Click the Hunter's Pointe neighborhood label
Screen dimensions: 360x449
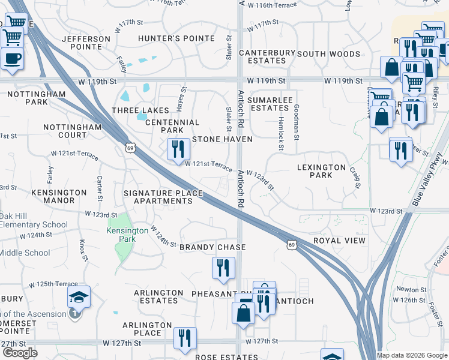pyautogui.click(x=176, y=38)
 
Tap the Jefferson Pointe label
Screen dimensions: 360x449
pyautogui.click(x=86, y=44)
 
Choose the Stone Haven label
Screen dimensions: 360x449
pyautogui.click(x=222, y=139)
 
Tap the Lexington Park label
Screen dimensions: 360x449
pyautogui.click(x=321, y=171)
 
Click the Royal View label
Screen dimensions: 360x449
pyautogui.click(x=339, y=241)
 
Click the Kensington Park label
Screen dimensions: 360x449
pyautogui.click(x=127, y=235)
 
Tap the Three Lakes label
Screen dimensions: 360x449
pyautogui.click(x=140, y=110)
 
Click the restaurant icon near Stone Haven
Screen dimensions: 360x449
pyautogui.click(x=177, y=150)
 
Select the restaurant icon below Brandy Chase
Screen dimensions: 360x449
pyautogui.click(x=223, y=268)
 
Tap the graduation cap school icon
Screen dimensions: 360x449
pyautogui.click(x=79, y=297)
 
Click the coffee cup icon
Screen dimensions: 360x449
pyautogui.click(x=12, y=58)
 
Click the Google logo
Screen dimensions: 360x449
pyautogui.click(x=20, y=353)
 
